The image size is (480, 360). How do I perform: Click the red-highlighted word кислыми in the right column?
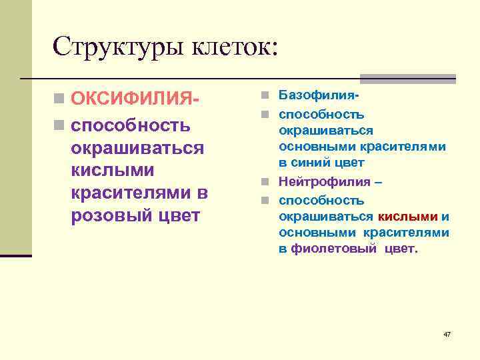(x=407, y=216)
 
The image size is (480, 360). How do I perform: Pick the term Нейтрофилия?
(x=325, y=182)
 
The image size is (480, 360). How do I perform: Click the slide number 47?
(x=447, y=333)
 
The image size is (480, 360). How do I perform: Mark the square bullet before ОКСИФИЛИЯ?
(x=61, y=100)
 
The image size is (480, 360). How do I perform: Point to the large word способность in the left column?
(x=131, y=125)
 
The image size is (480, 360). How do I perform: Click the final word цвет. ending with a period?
(x=400, y=249)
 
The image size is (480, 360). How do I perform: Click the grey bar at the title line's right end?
(x=407, y=78)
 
